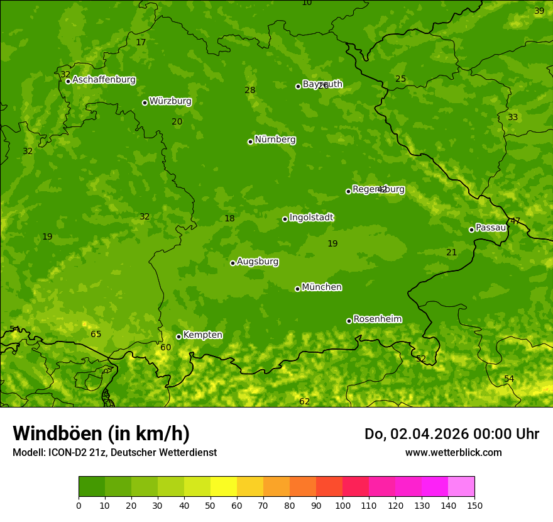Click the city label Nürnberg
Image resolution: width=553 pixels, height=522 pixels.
(x=275, y=140)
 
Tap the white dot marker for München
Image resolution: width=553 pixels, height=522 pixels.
(x=297, y=289)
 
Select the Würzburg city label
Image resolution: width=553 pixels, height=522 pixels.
(x=170, y=101)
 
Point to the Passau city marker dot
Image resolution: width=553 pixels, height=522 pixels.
(x=471, y=230)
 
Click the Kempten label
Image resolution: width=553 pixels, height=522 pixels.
(x=202, y=335)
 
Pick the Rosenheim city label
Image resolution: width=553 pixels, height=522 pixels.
(x=377, y=319)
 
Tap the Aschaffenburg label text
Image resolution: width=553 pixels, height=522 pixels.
(x=104, y=80)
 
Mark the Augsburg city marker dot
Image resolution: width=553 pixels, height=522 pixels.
(x=233, y=263)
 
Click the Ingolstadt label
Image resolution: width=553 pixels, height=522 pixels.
(x=311, y=218)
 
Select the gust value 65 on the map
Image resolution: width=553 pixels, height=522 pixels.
(x=96, y=335)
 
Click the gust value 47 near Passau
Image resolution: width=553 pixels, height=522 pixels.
(x=515, y=221)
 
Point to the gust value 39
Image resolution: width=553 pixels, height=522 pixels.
(x=539, y=11)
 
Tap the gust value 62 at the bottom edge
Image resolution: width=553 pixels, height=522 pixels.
(x=305, y=401)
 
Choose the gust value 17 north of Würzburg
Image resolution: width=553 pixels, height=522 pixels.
(x=141, y=42)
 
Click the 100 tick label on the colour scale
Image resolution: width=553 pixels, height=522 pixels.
(x=342, y=505)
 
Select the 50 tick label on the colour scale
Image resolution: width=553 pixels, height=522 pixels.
(x=211, y=505)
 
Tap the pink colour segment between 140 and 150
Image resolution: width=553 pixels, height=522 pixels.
(x=461, y=487)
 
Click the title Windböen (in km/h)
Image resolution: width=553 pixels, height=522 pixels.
(x=101, y=433)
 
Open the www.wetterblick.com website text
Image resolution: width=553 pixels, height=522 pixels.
(x=453, y=452)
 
